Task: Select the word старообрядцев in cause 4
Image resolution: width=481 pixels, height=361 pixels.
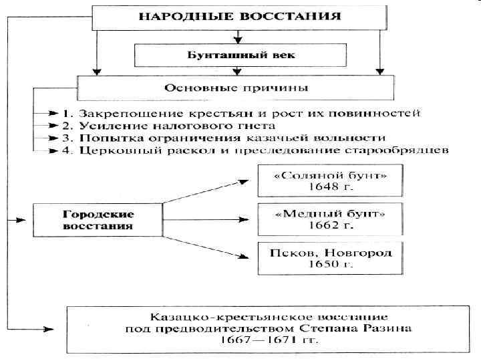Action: tap(406, 150)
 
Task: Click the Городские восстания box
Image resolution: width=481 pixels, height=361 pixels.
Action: tap(98, 220)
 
